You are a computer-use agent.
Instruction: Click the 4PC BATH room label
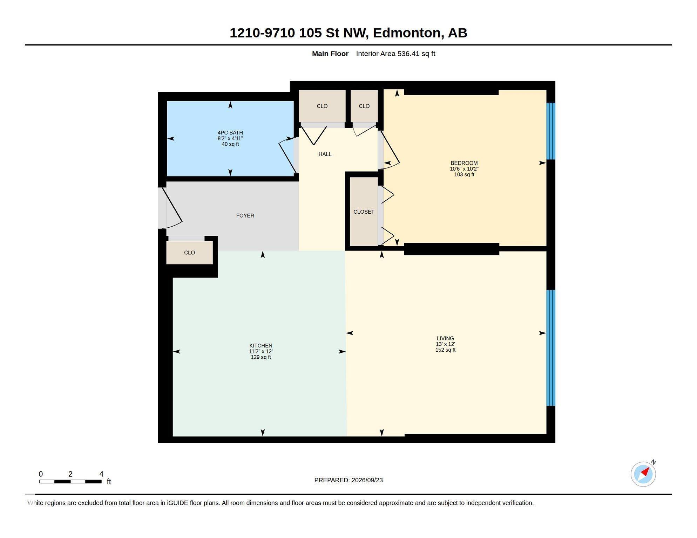[230, 133]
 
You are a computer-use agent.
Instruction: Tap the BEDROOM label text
[464, 163]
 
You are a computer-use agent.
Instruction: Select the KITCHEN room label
[260, 346]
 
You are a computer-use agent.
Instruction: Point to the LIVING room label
[445, 338]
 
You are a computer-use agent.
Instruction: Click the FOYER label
[245, 216]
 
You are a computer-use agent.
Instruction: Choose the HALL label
[325, 154]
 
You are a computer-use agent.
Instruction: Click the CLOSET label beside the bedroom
[364, 212]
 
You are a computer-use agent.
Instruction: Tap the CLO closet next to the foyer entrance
[189, 253]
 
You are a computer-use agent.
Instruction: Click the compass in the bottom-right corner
[643, 474]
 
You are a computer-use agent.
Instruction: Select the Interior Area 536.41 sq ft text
[395, 54]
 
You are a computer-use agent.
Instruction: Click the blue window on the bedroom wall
[551, 131]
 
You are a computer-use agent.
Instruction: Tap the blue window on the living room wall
[551, 348]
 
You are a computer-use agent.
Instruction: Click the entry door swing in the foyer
[172, 207]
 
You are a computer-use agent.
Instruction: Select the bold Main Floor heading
[330, 54]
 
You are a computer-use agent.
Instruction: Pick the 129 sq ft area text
[261, 357]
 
